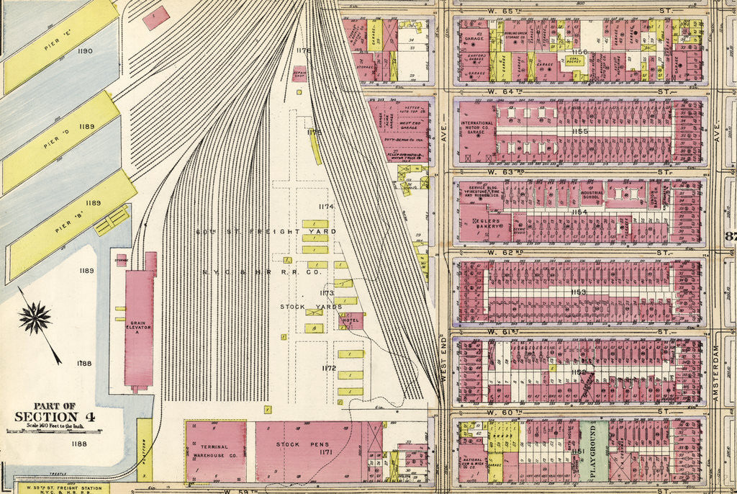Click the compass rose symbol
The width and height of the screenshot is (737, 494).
(x=35, y=318)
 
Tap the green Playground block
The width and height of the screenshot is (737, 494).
(x=594, y=452)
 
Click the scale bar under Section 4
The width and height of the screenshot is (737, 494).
(x=55, y=431)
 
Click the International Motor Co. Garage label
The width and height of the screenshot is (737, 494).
(x=476, y=127)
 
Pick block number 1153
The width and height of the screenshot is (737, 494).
(x=578, y=292)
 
